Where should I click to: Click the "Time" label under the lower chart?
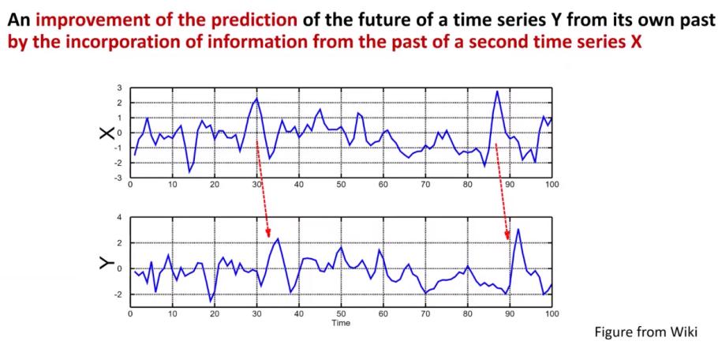[x=341, y=323]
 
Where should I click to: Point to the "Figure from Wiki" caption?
[x=645, y=332]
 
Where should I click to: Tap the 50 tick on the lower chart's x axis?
[x=341, y=314]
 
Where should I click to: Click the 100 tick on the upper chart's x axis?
[x=552, y=185]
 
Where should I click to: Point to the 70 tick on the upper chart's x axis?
[x=425, y=185]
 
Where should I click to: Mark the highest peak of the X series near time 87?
[x=497, y=91]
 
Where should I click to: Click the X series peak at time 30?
[x=257, y=98]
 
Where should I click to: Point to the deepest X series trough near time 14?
[x=189, y=172]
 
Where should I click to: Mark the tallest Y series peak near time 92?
[x=518, y=229]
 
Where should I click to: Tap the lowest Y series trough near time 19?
[x=211, y=301]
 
